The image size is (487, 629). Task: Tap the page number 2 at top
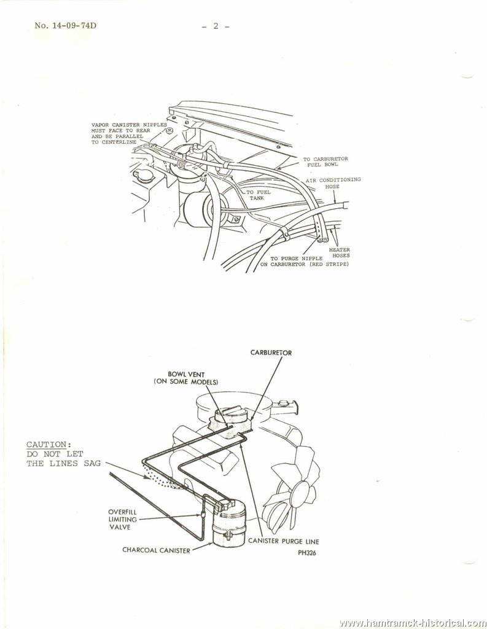point(216,26)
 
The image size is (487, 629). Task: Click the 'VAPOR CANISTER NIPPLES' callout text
point(129,125)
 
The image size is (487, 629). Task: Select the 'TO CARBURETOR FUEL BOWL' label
point(325,162)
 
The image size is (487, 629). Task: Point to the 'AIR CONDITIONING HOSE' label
point(333,183)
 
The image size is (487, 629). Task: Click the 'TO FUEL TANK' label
point(258,195)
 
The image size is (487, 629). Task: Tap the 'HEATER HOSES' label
point(340,252)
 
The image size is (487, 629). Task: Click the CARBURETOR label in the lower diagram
point(271,353)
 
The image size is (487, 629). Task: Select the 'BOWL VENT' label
point(186,375)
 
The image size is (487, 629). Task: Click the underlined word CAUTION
point(47,445)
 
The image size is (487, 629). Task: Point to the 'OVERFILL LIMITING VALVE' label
point(122,520)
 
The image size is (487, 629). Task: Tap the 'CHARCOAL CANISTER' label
point(156,550)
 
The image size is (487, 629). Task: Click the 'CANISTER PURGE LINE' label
point(284,541)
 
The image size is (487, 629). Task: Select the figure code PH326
point(307,553)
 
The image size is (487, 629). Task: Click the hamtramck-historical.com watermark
point(413,623)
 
